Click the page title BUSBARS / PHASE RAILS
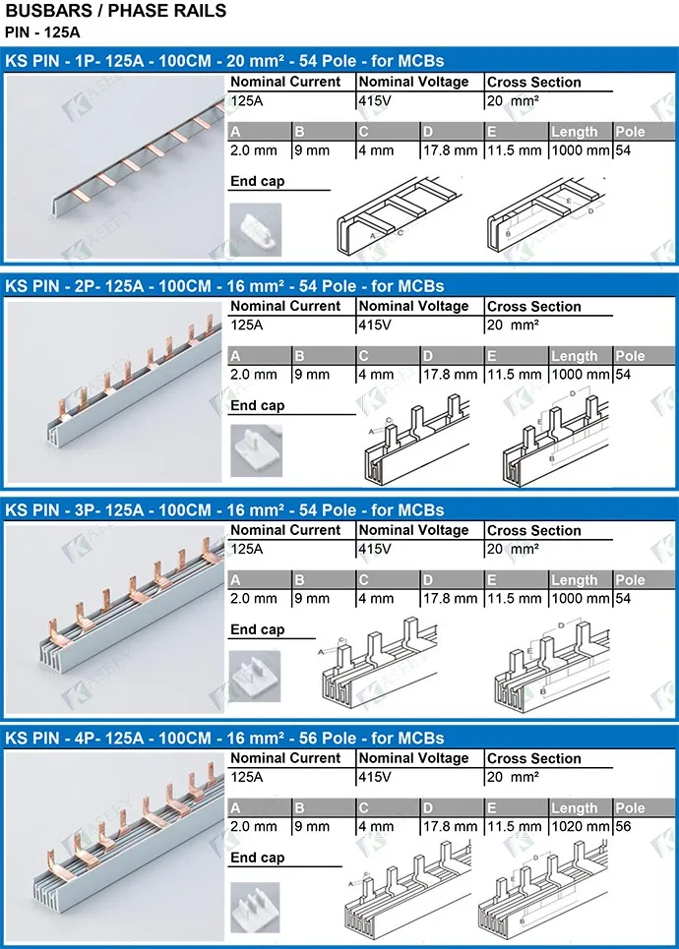[x=116, y=12]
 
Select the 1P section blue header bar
[x=339, y=60]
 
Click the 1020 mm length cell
[x=580, y=827]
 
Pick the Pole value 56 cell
[x=625, y=827]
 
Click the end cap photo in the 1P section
[x=255, y=229]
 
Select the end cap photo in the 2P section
[x=255, y=450]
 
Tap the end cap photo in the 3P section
[x=255, y=676]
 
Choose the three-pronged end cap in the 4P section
[x=255, y=907]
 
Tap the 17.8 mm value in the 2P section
[x=450, y=375]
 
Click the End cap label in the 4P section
[x=257, y=858]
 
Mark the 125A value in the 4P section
[x=247, y=777]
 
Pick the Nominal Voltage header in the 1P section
[x=413, y=83]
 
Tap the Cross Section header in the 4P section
[x=533, y=758]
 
